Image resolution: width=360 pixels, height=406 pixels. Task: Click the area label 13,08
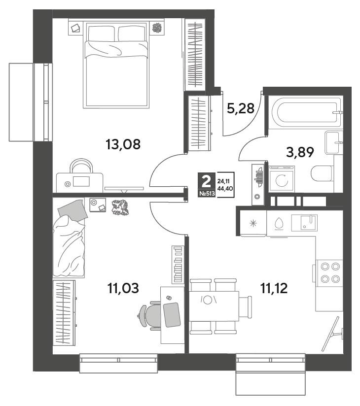123,144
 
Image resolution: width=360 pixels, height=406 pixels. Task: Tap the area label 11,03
123,288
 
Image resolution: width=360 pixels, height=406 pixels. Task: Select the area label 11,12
274,288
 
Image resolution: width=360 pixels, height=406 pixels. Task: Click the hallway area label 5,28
241,108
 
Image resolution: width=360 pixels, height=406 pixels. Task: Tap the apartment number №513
207,194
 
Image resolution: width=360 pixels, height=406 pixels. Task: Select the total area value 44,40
225,188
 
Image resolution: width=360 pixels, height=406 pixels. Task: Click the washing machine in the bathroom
282,179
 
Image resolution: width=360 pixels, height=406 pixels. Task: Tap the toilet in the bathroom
322,173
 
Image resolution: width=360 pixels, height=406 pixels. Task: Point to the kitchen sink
304,222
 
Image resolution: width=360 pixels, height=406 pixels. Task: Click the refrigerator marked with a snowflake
253,223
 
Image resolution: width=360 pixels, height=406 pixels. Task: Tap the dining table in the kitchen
214,306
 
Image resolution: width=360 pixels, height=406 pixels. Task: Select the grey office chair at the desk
149,316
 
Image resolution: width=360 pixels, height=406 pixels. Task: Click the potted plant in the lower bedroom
120,208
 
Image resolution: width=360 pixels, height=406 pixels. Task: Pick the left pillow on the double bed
101,33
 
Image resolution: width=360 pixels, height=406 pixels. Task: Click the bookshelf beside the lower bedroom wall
178,265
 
